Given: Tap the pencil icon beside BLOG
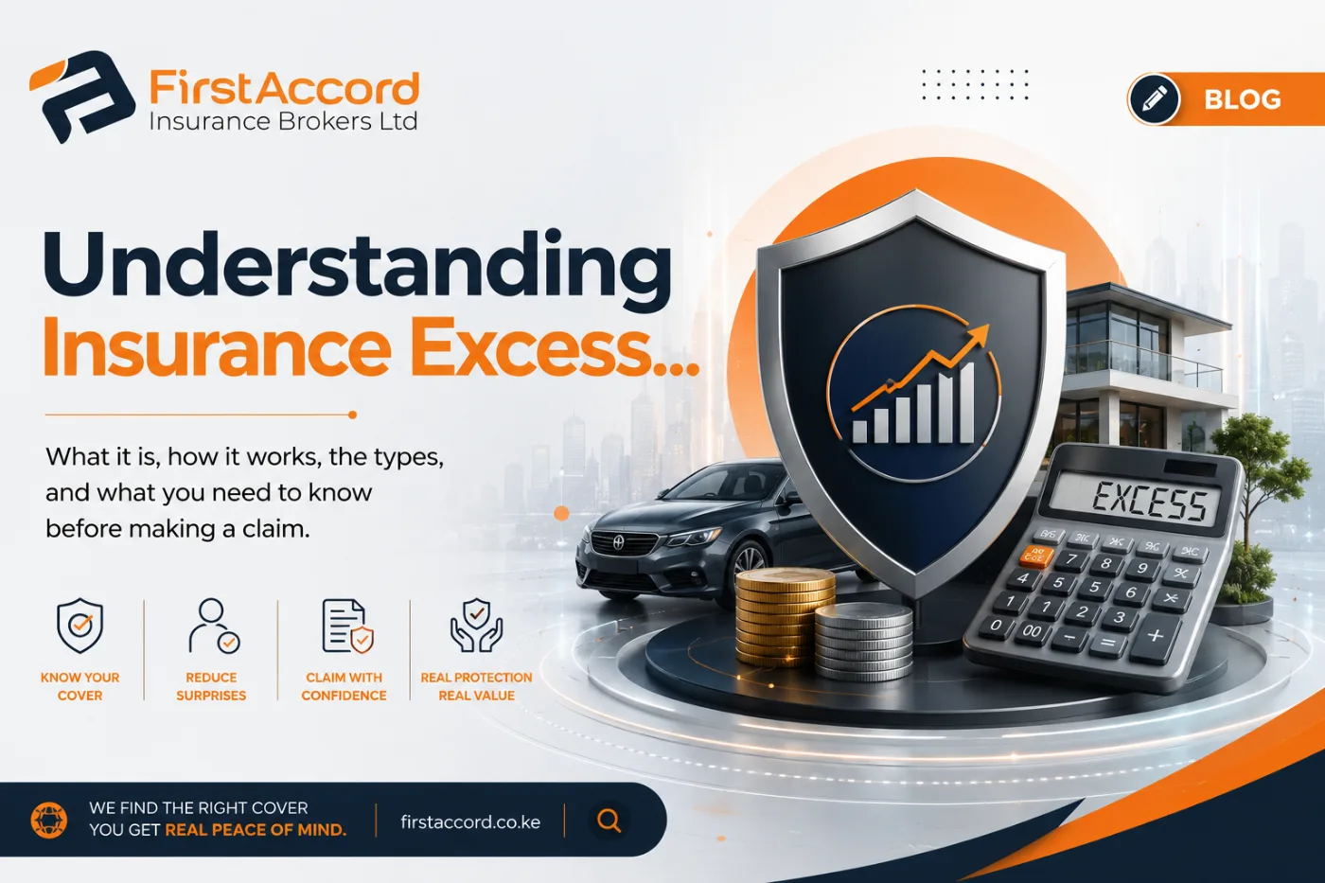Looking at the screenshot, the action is [x=1154, y=99].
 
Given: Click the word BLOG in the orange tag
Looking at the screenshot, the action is [x=1243, y=99].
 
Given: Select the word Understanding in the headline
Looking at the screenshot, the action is [x=358, y=266].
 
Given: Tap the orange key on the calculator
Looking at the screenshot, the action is [x=1035, y=556].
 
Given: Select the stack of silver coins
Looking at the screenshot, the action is [x=863, y=642].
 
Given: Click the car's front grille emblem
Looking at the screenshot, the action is [x=618, y=541].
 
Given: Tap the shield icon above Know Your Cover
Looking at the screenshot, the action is [x=79, y=626].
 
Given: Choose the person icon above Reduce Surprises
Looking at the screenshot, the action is [x=214, y=626].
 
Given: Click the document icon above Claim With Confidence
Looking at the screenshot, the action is [x=347, y=626].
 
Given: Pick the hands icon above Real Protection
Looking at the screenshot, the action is [x=476, y=625].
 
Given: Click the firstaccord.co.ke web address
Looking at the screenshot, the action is [x=470, y=822].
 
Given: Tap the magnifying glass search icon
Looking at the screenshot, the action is [x=609, y=821].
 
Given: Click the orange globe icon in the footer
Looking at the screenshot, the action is [x=48, y=821].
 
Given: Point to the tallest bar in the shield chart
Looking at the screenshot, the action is [x=966, y=403].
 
